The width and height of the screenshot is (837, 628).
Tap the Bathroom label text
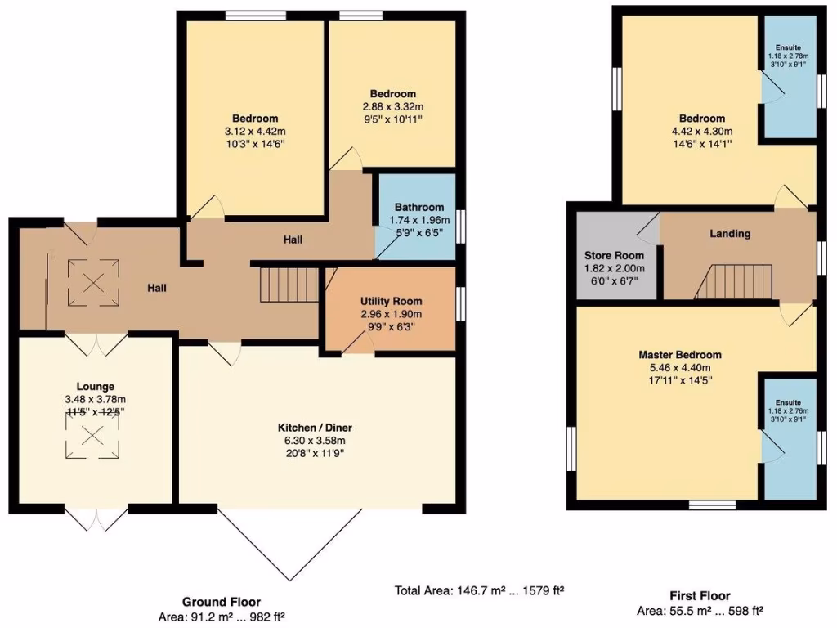pyautogui.click(x=419, y=207)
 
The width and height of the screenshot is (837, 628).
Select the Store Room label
pyautogui.click(x=614, y=255)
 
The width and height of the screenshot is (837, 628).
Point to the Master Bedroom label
pyautogui.click(x=680, y=355)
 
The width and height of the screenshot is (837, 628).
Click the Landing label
pyautogui.click(x=730, y=234)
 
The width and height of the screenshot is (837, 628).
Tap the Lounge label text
pyautogui.click(x=95, y=386)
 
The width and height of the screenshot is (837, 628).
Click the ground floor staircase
pyautogui.click(x=289, y=285)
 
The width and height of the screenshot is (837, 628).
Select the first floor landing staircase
pyautogui.click(x=734, y=282)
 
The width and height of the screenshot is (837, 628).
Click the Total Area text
pyautogui.click(x=480, y=590)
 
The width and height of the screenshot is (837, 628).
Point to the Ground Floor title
pyautogui.click(x=222, y=602)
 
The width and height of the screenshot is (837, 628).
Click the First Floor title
pyautogui.click(x=699, y=596)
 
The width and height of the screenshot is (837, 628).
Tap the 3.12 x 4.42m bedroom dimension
pyautogui.click(x=254, y=132)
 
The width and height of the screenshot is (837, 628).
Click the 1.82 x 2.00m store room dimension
pyautogui.click(x=614, y=268)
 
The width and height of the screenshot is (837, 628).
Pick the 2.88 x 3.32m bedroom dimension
pyautogui.click(x=392, y=106)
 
